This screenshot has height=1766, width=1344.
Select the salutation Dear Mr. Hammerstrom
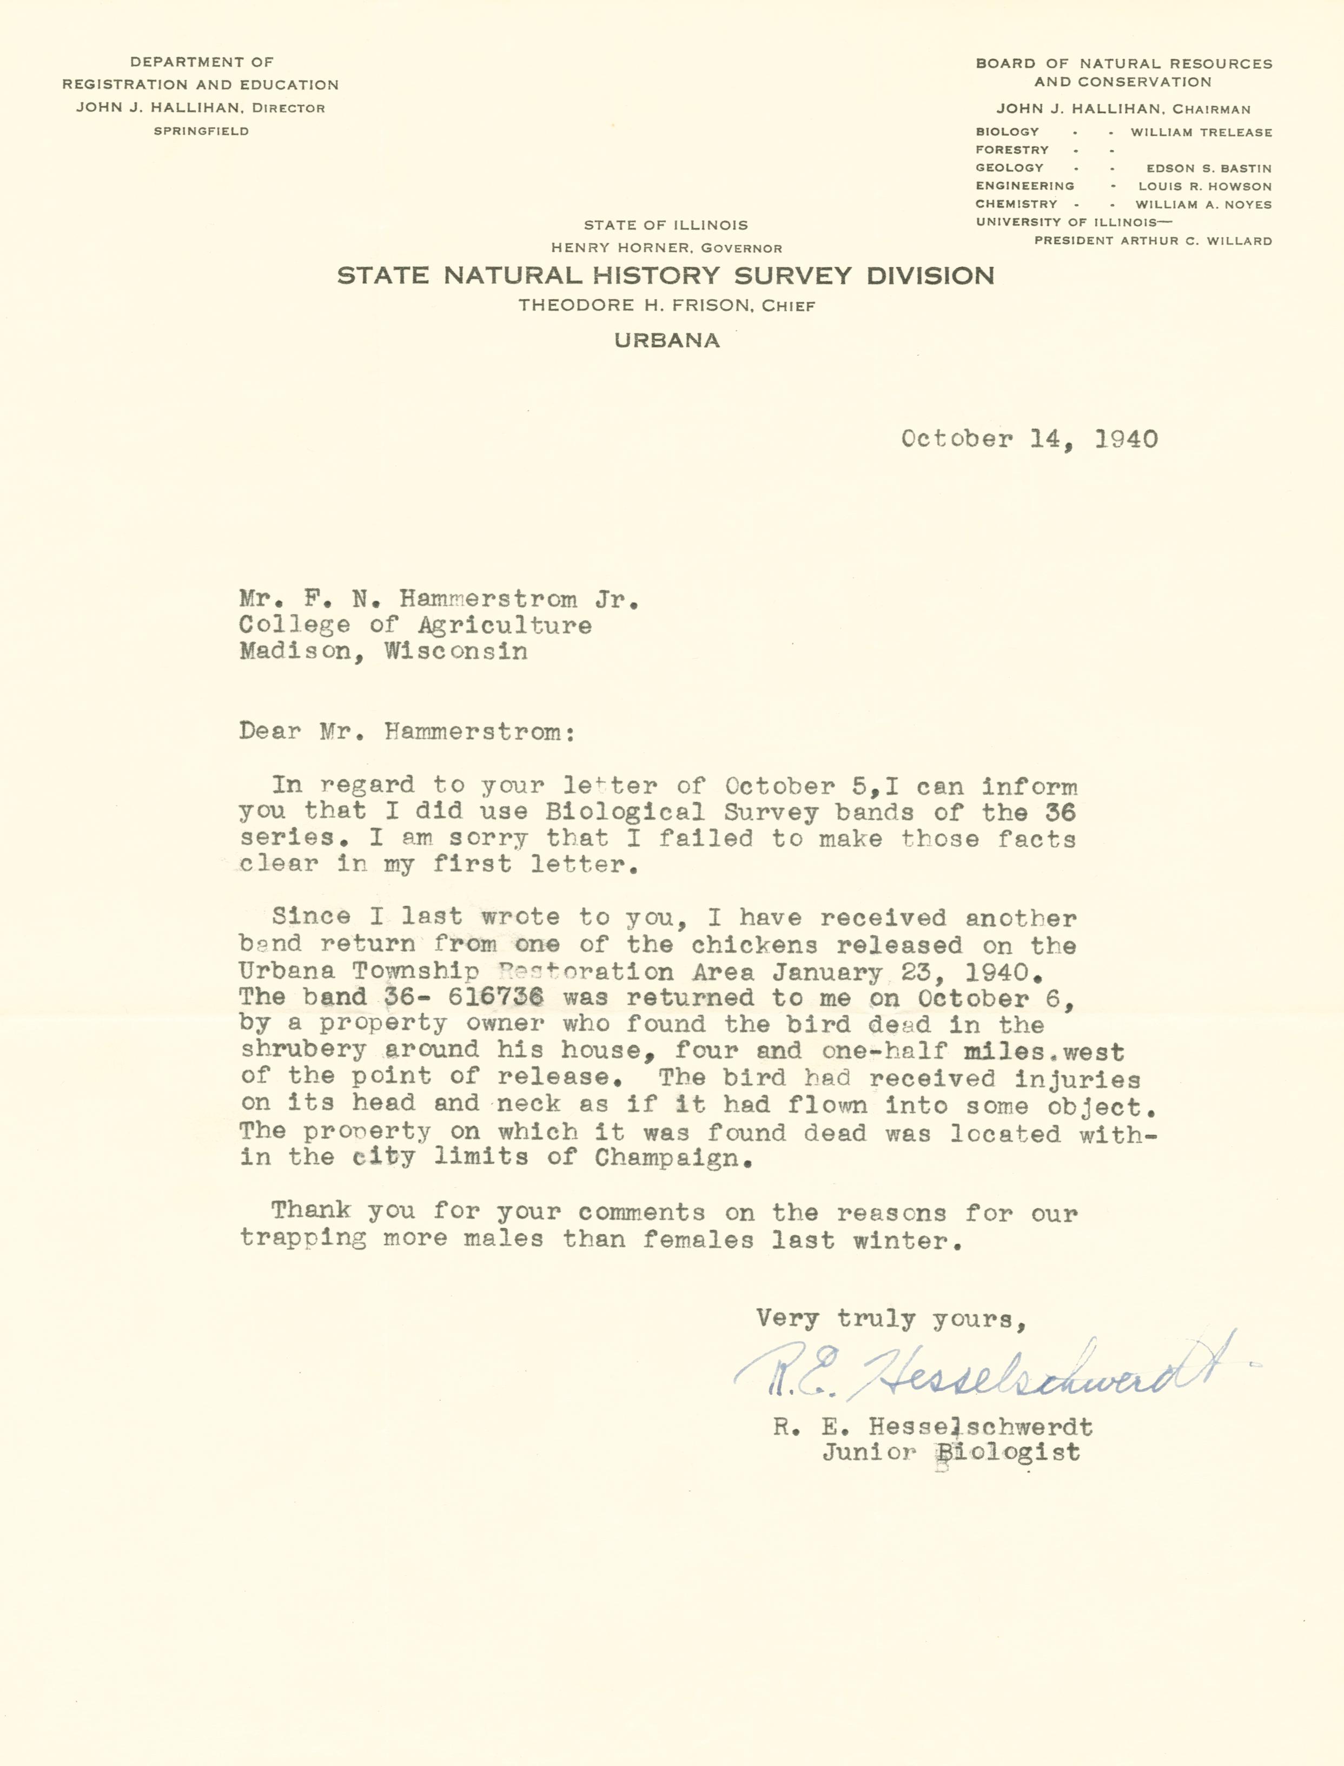click(x=406, y=732)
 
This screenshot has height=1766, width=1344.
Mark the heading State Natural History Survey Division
click(x=666, y=276)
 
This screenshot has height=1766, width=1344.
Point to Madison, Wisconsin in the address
click(x=383, y=651)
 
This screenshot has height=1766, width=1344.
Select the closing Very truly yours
click(x=890, y=1318)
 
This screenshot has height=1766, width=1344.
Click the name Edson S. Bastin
click(x=1208, y=169)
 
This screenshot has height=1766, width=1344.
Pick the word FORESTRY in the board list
click(x=1011, y=150)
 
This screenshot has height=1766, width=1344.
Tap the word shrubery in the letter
click(x=303, y=1050)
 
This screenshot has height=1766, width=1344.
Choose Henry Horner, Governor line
click(x=666, y=248)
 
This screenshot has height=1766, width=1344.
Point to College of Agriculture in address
click(x=415, y=625)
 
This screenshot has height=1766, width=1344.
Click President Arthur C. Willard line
click(x=1152, y=241)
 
